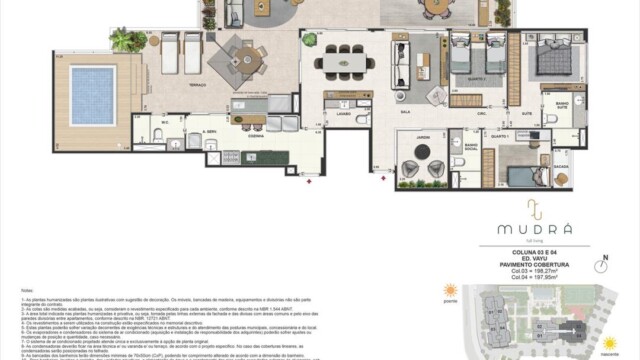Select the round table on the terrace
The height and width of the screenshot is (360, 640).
pyautogui.click(x=239, y=56)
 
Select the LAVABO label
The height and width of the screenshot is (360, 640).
pyautogui.click(x=342, y=114)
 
